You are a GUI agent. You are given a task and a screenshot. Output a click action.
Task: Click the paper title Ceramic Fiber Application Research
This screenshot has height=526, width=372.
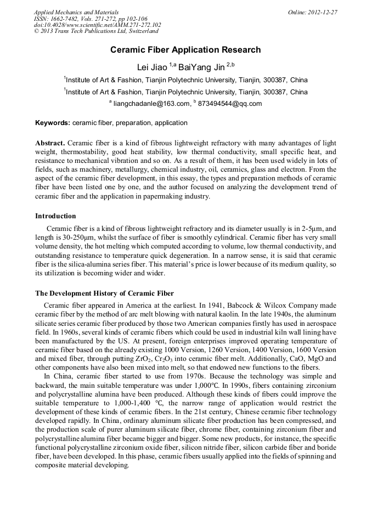(185, 50)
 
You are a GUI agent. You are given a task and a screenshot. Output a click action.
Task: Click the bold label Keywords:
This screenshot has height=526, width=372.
(53, 123)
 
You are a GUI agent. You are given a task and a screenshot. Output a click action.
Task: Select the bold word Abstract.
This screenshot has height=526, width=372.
(50, 143)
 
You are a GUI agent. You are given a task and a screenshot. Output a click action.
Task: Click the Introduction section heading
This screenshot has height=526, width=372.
(55, 216)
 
